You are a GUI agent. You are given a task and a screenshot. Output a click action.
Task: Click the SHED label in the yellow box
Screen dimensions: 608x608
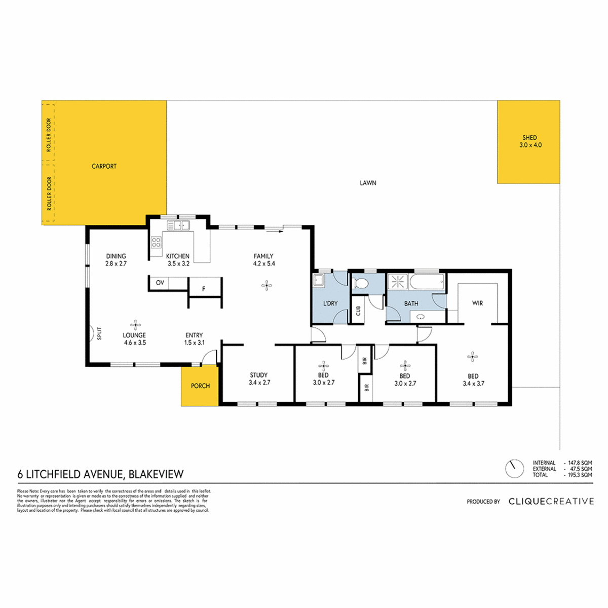[529, 138]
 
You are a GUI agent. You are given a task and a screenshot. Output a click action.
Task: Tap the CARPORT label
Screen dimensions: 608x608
[104, 166]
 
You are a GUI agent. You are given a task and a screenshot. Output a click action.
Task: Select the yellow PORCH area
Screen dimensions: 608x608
[200, 386]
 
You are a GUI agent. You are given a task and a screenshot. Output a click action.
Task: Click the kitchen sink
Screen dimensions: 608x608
[178, 225]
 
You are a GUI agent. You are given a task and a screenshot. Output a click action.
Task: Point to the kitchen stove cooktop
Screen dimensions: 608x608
[156, 242]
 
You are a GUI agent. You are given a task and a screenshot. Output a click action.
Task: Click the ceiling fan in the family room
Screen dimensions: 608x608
[267, 286]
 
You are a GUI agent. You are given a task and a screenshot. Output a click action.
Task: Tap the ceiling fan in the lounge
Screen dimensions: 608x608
[135, 325]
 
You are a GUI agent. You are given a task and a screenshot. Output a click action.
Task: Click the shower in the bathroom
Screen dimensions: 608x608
[398, 281]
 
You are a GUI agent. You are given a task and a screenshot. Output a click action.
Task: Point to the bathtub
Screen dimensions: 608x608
[427, 281]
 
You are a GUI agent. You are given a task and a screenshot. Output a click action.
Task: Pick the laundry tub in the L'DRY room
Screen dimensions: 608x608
[318, 280]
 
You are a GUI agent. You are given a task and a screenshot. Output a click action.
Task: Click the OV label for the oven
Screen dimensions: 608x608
[160, 283]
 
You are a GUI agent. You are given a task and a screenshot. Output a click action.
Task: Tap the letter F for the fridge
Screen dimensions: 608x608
[204, 289]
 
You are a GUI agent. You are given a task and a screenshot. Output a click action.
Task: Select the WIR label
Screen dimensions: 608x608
[477, 303]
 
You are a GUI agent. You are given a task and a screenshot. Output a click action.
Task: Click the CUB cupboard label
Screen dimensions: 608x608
[358, 311]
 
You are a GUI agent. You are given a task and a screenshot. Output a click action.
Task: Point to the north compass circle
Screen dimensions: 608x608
[514, 468]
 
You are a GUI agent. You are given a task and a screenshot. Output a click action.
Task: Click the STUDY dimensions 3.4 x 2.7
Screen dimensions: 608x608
[259, 383]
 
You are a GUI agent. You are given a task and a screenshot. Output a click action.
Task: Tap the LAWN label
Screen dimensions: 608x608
[368, 183]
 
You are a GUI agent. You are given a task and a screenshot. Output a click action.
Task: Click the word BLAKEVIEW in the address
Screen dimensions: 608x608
[156, 474]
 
